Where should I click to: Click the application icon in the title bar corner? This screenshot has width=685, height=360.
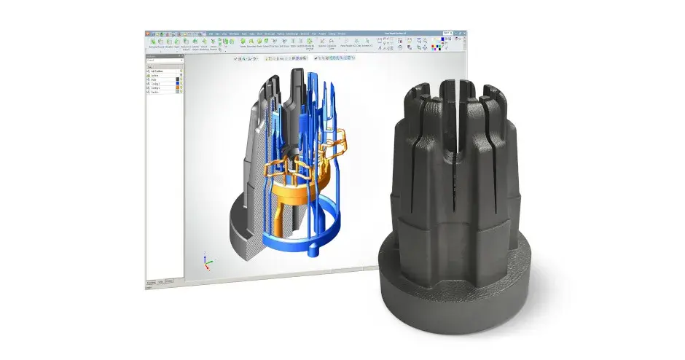click(147, 34)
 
